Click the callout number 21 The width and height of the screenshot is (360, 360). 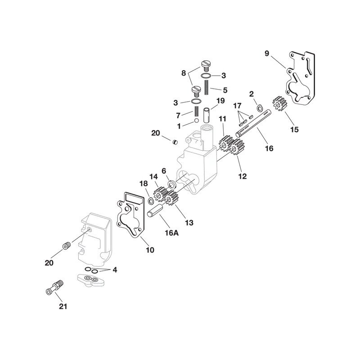63,306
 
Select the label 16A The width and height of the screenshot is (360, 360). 171,233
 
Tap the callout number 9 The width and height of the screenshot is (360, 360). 266,53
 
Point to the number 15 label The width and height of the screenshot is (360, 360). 294,130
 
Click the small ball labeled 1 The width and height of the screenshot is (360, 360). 196,120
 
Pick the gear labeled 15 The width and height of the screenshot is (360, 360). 280,103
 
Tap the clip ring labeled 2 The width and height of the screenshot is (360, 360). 260,108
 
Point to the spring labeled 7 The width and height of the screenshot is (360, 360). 196,111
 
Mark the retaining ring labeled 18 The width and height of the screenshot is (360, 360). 151,201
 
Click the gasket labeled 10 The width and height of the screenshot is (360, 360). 130,215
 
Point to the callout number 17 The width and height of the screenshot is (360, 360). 238,106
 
